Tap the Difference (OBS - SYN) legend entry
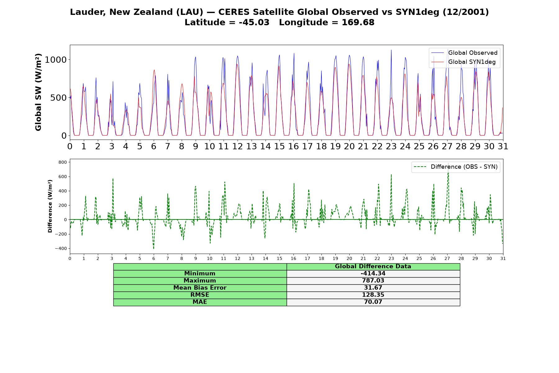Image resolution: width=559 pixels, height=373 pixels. point(456,167)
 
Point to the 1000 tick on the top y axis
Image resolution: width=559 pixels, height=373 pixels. point(56,60)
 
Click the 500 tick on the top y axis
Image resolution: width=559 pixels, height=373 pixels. point(58,98)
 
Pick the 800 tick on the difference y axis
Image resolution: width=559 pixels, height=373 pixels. point(62,162)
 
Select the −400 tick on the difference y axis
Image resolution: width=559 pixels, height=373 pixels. point(61,248)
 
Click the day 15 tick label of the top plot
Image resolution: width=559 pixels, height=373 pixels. point(279,146)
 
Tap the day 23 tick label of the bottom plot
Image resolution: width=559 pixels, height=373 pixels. point(391,259)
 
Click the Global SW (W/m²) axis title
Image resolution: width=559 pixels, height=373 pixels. point(38,92)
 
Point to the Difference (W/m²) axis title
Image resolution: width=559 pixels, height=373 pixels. point(50,206)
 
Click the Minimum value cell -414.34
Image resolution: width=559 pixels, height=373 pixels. point(373,274)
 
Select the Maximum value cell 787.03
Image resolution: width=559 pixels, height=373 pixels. point(373,281)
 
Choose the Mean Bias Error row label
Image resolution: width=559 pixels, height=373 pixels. point(200,288)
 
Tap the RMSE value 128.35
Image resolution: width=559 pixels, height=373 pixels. point(373,295)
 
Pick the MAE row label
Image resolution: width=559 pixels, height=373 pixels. point(200,302)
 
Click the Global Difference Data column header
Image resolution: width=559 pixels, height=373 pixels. point(373,266)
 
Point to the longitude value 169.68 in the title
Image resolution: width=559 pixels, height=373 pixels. point(358,22)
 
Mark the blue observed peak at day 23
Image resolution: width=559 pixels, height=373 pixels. point(391,50)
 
